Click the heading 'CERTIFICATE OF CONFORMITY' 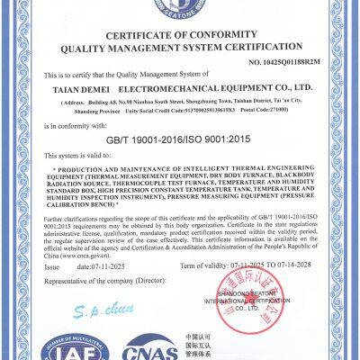180,34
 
